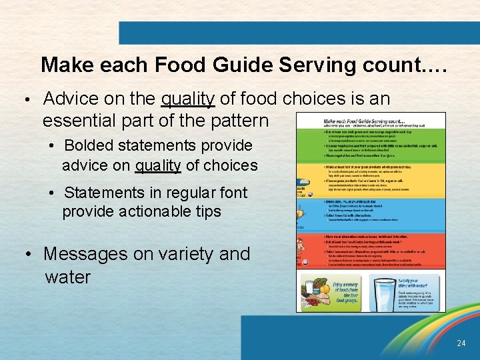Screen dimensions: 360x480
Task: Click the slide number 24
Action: coord(461,343)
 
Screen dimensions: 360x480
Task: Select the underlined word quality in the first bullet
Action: coord(187,99)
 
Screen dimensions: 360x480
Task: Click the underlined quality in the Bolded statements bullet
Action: coord(158,165)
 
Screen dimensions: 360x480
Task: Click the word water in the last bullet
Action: coord(67,277)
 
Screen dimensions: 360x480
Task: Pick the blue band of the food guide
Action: coord(371,213)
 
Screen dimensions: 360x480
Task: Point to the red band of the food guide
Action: coord(371,250)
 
